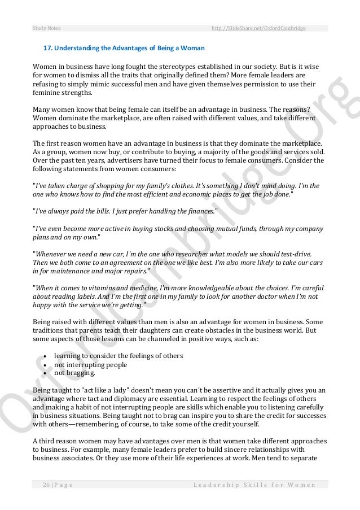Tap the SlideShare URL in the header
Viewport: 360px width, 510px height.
point(258,28)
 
